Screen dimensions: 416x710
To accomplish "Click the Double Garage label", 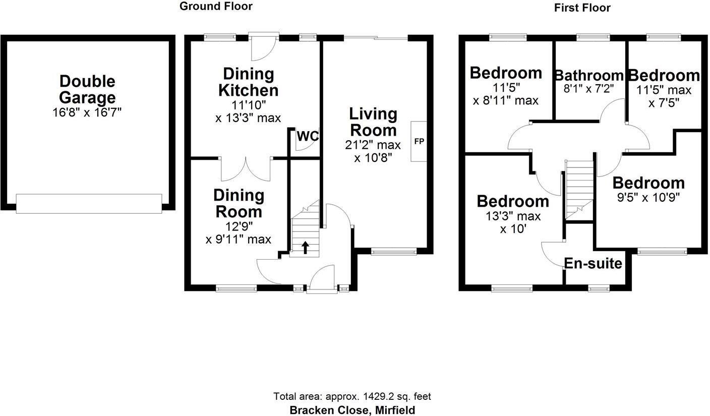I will pos(87,89).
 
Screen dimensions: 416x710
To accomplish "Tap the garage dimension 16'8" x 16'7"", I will pos(87,112).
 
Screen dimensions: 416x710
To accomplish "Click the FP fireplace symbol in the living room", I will pos(419,141).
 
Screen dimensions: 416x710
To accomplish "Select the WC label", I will pos(308,136).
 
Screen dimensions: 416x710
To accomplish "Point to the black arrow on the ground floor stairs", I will pos(305,247).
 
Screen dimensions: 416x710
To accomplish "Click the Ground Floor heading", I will pos(216,7).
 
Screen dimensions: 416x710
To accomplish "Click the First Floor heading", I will pos(582,8).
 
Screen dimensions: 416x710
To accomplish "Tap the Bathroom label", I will pos(588,76).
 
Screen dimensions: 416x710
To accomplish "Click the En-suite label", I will pos(593,263).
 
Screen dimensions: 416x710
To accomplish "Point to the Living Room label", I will pos(374,122).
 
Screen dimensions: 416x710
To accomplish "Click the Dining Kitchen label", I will pos(248,82).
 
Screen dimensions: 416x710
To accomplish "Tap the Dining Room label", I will pos(239,203).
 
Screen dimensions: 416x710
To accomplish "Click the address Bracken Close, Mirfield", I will pos(352,410).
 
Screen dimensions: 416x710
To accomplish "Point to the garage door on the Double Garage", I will pos(89,203).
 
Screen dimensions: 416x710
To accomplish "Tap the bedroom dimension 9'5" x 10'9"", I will pos(648,197).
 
